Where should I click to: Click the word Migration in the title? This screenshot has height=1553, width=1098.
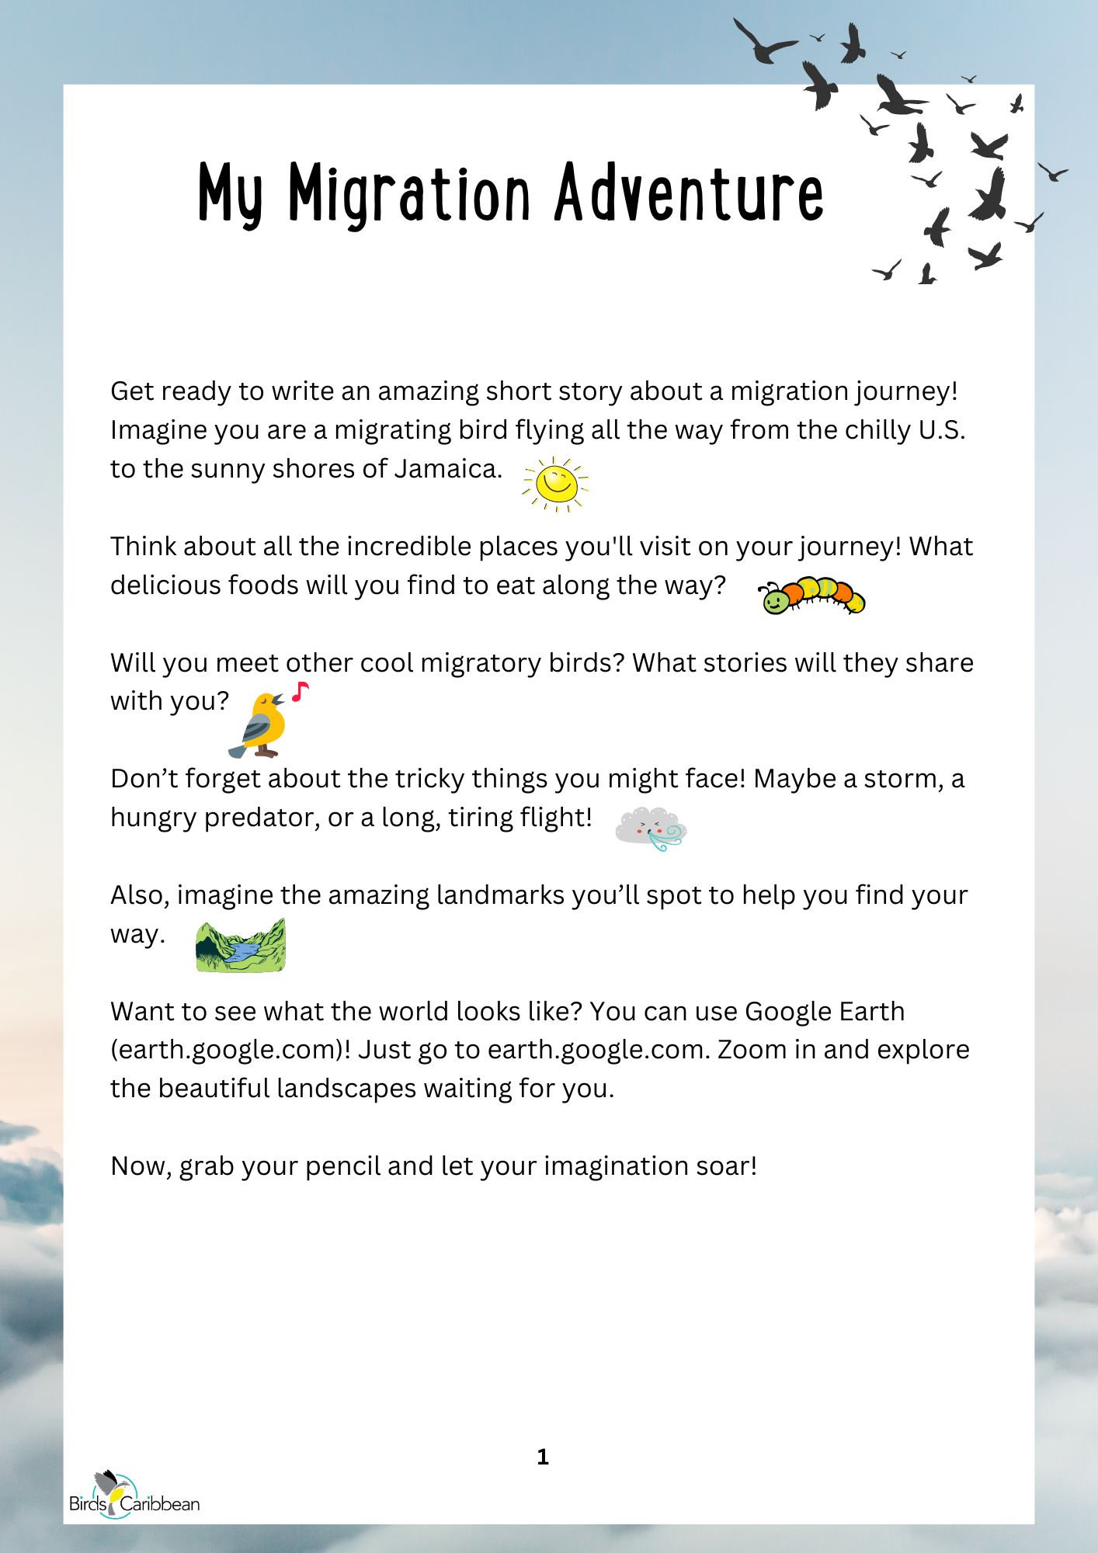coord(409,194)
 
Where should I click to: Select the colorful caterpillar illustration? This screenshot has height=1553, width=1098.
coord(811,596)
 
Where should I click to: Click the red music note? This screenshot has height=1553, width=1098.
coord(301,691)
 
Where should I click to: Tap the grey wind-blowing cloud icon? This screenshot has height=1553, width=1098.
coord(651,829)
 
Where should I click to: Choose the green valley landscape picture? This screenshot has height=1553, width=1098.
coord(241,946)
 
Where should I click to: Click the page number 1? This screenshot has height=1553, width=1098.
coord(543,1457)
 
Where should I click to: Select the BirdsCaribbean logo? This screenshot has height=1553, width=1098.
coord(134,1496)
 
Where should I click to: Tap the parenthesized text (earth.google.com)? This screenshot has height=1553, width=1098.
coord(230,1050)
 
